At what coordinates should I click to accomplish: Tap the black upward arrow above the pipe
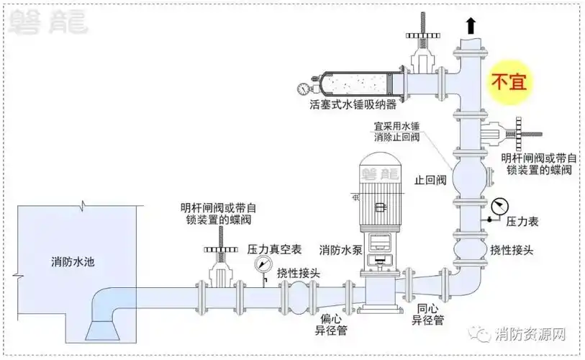(x=471, y=27)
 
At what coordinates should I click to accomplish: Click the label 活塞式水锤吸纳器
(x=353, y=106)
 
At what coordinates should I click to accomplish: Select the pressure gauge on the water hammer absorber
(x=302, y=89)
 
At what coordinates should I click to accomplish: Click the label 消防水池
(x=73, y=261)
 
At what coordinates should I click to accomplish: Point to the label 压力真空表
(x=274, y=248)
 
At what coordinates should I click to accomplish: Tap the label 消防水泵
(x=340, y=250)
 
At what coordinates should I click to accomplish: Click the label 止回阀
(x=432, y=180)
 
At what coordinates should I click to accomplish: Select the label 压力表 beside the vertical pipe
(x=522, y=222)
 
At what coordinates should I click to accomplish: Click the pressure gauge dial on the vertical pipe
(x=497, y=206)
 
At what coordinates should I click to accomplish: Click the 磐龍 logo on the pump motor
(x=383, y=174)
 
